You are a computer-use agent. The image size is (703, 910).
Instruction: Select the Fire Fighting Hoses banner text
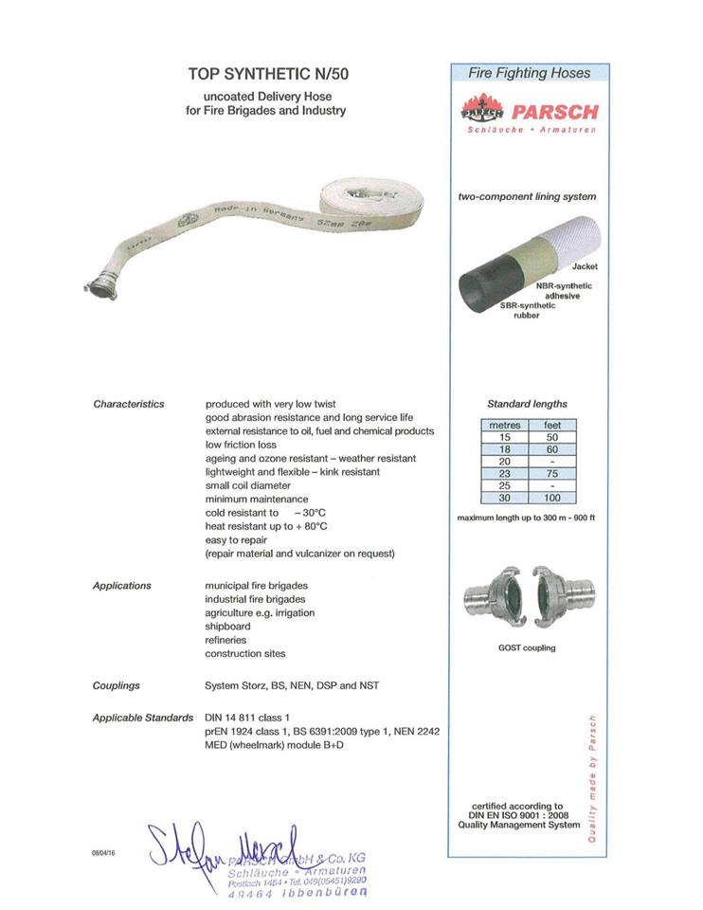click(x=530, y=73)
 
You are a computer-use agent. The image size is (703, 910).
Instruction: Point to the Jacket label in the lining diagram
click(x=585, y=267)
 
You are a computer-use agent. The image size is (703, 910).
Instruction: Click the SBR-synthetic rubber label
click(x=526, y=310)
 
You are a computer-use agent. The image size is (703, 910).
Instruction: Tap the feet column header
click(x=552, y=426)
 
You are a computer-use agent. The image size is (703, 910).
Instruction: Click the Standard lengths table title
click(x=527, y=404)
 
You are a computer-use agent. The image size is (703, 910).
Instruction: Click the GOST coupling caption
click(x=527, y=647)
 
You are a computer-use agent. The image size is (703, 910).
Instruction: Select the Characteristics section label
click(x=129, y=405)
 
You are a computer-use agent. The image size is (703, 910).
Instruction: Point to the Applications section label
click(x=122, y=586)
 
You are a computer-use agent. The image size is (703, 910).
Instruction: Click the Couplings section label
click(x=117, y=684)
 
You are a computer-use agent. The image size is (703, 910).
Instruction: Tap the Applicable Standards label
click(x=143, y=718)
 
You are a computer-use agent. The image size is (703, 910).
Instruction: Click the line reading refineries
click(x=225, y=640)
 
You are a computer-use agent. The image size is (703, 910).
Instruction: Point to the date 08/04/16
click(x=104, y=853)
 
